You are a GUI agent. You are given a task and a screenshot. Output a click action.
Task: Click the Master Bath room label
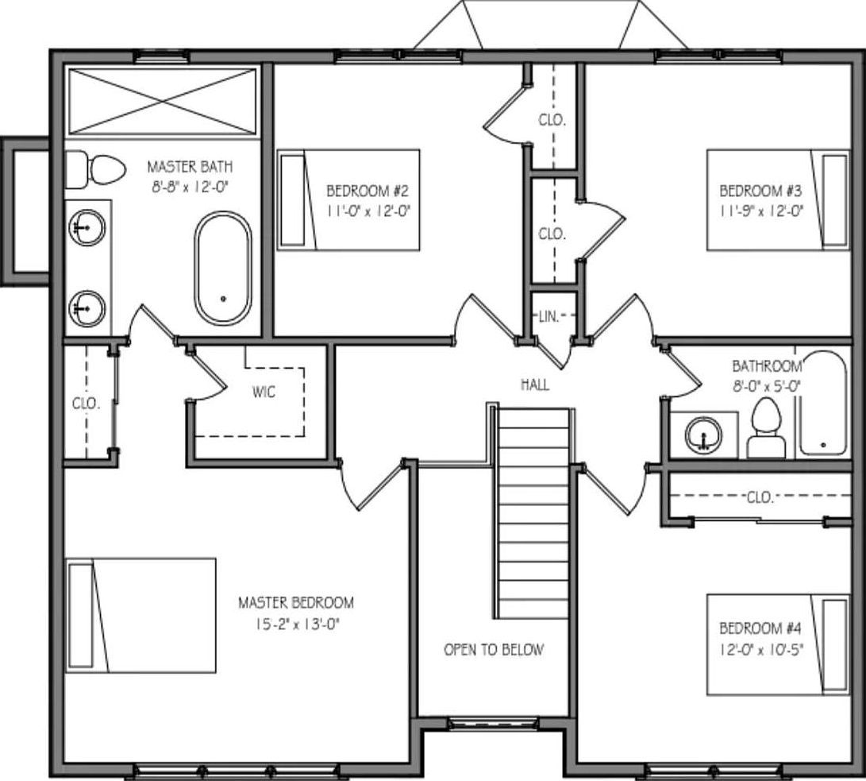190,167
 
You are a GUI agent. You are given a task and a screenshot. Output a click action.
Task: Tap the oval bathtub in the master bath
223,268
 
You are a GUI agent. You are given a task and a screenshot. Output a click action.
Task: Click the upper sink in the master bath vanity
87,226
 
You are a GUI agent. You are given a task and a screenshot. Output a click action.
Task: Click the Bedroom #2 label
367,191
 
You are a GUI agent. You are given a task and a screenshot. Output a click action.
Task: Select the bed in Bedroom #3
777,199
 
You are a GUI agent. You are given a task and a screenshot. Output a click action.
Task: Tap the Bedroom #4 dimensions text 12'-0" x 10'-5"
762,648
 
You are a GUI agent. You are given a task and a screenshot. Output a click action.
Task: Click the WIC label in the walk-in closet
264,392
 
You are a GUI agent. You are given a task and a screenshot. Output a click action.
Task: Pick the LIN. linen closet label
548,316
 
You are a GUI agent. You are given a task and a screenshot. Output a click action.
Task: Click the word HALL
535,385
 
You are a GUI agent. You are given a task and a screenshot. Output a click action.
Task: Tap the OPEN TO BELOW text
494,650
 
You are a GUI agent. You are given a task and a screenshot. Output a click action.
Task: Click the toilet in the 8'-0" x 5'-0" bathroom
766,429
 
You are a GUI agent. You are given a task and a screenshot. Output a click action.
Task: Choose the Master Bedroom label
296,603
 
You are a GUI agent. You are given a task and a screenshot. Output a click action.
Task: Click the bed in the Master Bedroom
140,615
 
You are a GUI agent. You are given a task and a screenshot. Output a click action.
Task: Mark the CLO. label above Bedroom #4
760,497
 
